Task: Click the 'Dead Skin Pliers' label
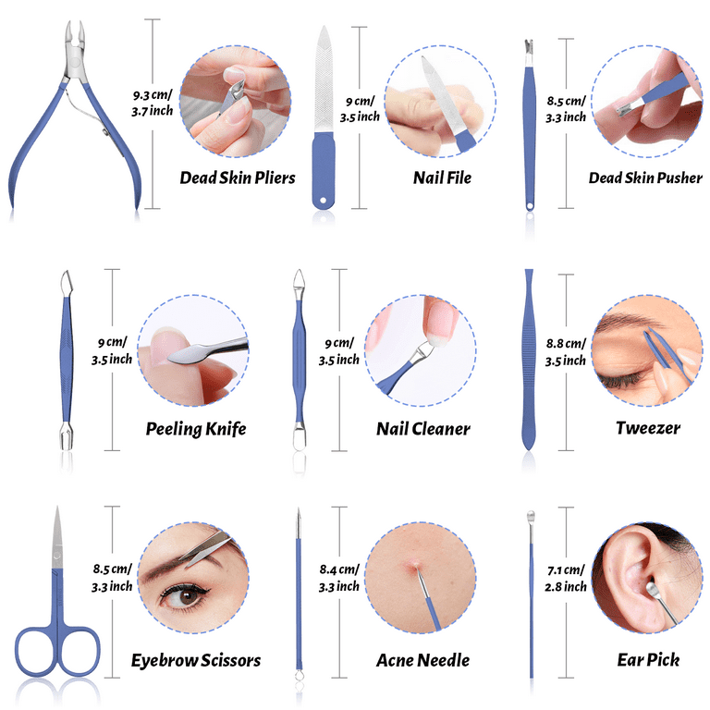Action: tap(238, 177)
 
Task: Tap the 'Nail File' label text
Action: tap(442, 177)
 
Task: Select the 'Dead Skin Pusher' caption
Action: tap(645, 177)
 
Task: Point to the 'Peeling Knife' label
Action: tap(196, 429)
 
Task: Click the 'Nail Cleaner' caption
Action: tap(422, 429)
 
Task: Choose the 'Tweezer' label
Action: tap(648, 428)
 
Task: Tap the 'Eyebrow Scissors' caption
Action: tap(196, 660)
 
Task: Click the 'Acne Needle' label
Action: tap(422, 660)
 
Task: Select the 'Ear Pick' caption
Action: tap(648, 660)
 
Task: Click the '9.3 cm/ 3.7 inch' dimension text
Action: tap(153, 103)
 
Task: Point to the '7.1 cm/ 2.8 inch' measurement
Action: tap(566, 578)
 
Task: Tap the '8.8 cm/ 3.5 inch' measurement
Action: tap(566, 352)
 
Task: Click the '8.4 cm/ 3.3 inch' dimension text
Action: tap(339, 578)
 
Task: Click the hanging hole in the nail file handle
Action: tap(323, 200)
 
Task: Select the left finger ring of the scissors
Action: tap(37, 651)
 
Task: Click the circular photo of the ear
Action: tap(646, 577)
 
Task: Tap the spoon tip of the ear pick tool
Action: tap(531, 515)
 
